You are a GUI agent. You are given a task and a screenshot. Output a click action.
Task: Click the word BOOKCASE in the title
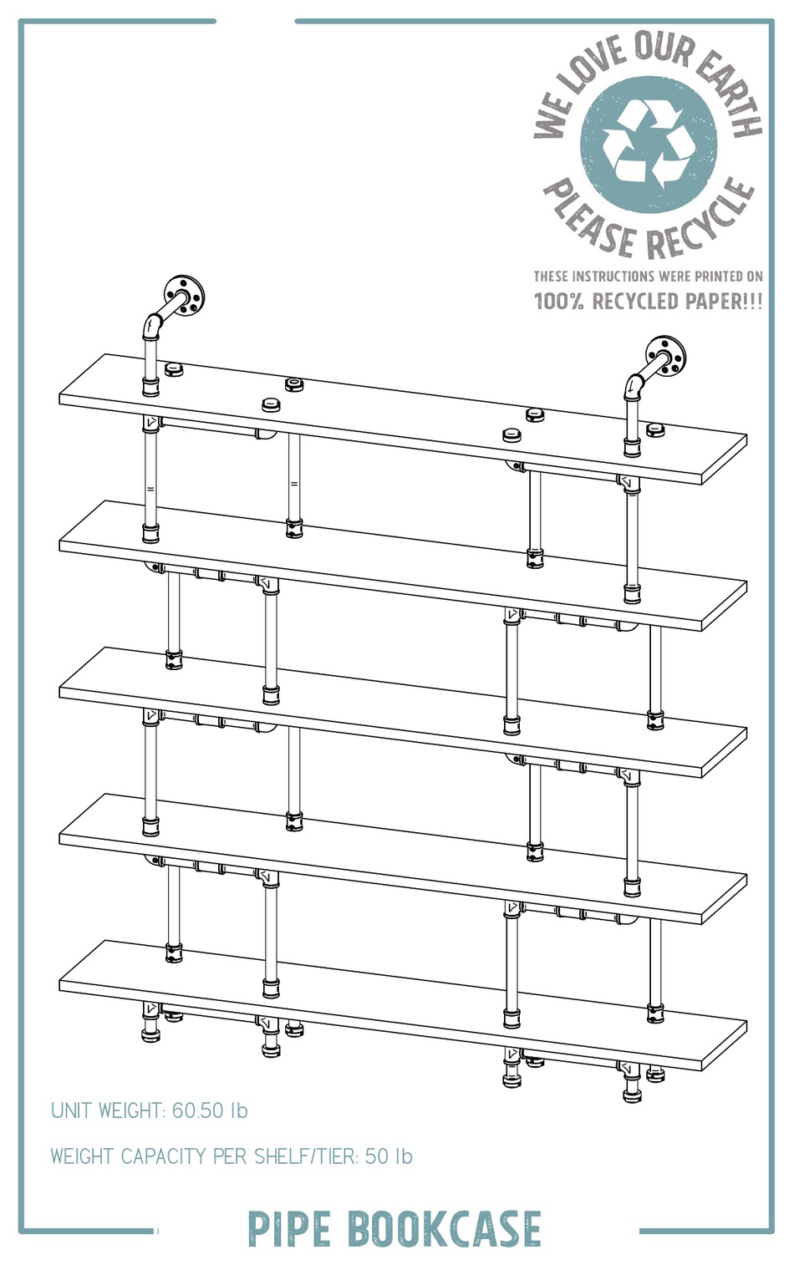443,1229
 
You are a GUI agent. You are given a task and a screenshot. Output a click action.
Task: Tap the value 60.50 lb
210,1110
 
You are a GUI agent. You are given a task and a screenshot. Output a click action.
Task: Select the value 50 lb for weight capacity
389,1156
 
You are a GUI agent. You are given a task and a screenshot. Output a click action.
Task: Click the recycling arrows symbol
648,144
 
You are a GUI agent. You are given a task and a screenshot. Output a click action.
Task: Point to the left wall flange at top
184,295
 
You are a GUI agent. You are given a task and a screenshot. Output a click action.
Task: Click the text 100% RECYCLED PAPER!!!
648,301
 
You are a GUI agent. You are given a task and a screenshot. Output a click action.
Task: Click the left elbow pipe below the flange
153,324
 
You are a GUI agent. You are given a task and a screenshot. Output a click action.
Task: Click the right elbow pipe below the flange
634,384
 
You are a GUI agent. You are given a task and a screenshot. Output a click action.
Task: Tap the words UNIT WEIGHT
106,1110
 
